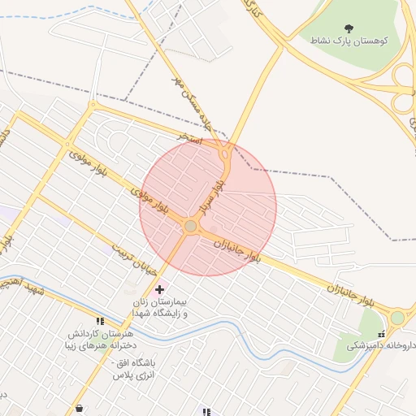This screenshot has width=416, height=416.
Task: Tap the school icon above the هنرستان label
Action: (99, 322)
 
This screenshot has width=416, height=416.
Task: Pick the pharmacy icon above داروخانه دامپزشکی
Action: (380, 333)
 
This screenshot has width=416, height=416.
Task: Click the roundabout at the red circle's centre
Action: (191, 227)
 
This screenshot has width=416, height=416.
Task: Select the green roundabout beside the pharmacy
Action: (397, 318)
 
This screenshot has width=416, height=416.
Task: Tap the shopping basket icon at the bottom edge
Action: (79, 409)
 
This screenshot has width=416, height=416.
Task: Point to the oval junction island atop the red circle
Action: (224, 153)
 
